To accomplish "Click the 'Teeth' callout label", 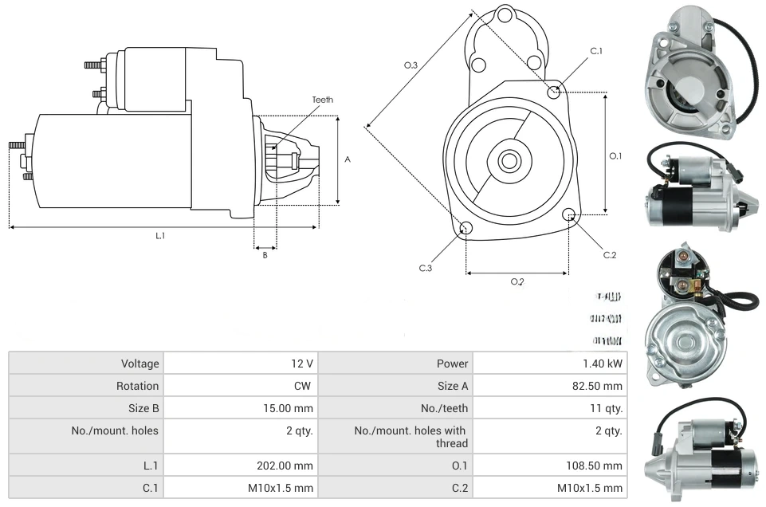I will click(322, 100).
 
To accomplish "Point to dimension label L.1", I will click(160, 235).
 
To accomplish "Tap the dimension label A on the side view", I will click(348, 159).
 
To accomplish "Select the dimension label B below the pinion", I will click(265, 255).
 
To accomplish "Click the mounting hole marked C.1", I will click(555, 92).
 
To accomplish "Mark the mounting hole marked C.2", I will click(569, 214).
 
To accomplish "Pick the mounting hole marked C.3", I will click(466, 230).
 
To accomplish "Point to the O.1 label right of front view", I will click(615, 156).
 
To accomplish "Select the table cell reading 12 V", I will click(302, 364).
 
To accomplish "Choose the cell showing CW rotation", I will click(305, 386).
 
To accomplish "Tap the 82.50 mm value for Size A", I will click(600, 386).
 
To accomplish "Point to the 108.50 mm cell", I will click(598, 466).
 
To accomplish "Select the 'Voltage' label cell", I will click(140, 364).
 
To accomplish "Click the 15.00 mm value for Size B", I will click(291, 408).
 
